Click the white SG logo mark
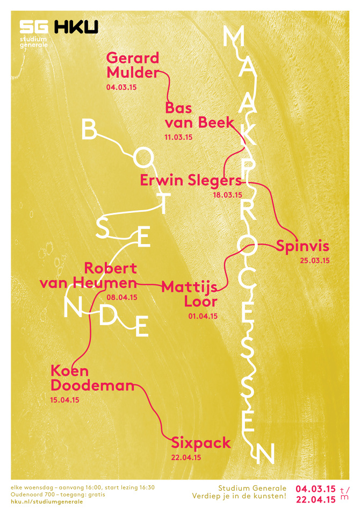[34, 27]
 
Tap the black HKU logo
[75, 27]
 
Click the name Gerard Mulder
[133, 65]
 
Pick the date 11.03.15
[178, 138]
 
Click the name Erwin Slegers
[191, 180]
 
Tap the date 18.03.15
[228, 195]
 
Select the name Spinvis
[302, 247]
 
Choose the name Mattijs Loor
[190, 293]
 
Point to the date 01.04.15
[203, 317]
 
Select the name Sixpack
[201, 443]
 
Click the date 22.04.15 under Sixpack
[186, 457]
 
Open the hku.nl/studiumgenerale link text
[47, 501]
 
